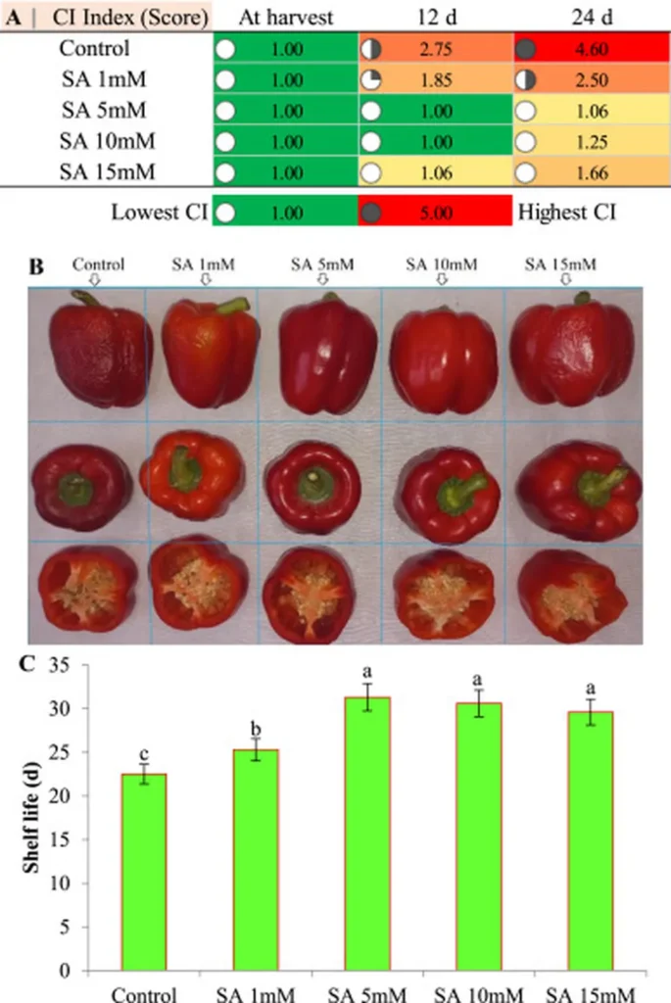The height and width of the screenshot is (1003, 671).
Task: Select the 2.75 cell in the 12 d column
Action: (436, 48)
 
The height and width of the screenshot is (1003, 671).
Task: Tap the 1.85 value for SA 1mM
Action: (436, 77)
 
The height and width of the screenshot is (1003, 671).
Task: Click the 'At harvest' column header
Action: (286, 17)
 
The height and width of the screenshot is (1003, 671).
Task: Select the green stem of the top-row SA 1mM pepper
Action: (233, 306)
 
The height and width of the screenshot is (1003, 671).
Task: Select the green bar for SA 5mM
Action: (347, 834)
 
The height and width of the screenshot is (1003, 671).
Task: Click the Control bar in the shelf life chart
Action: (144, 872)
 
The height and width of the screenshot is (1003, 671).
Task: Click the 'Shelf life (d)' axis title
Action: (32, 815)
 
